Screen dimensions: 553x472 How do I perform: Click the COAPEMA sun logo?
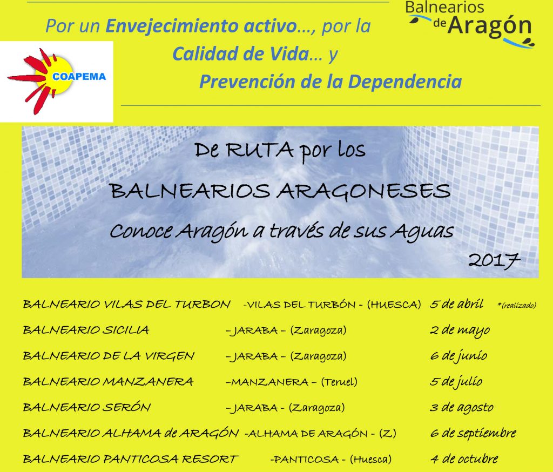(x=57, y=82)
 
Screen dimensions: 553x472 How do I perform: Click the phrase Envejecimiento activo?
(x=201, y=26)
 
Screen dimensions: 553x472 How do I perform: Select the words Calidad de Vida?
(x=241, y=53)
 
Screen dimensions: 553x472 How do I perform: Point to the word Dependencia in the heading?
(x=405, y=82)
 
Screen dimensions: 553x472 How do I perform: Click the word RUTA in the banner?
(x=260, y=150)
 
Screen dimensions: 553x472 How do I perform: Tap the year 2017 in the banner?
(x=494, y=261)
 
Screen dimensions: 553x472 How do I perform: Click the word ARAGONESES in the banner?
(x=363, y=192)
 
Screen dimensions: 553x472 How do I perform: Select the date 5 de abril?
(x=457, y=304)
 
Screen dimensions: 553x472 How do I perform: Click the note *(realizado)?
(x=517, y=306)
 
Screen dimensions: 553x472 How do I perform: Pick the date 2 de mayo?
(x=460, y=331)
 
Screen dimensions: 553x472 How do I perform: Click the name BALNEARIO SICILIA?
(x=86, y=330)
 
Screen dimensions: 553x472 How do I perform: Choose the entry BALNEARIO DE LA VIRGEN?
(x=109, y=356)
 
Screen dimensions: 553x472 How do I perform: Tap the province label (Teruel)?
(x=339, y=382)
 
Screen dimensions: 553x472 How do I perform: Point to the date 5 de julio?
(x=456, y=382)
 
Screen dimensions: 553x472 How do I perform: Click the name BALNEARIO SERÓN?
(x=87, y=407)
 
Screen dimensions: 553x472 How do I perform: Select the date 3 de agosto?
(x=462, y=408)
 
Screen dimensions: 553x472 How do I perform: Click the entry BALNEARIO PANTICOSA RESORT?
(x=131, y=459)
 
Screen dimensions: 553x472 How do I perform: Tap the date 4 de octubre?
(x=464, y=459)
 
